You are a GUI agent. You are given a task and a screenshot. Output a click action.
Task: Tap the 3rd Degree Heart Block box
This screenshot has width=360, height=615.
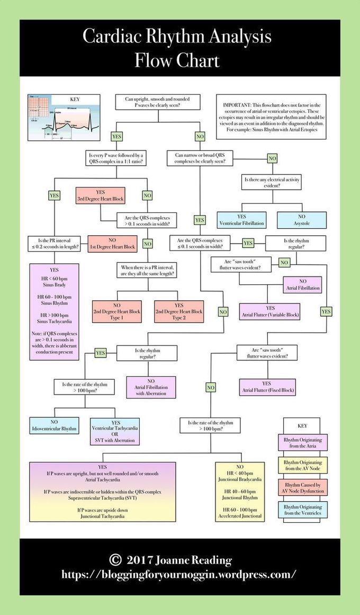click(x=100, y=195)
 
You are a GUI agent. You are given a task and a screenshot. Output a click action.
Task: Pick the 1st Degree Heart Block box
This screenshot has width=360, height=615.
click(x=112, y=243)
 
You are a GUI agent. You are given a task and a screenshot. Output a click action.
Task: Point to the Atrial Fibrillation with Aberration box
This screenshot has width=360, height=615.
click(x=150, y=387)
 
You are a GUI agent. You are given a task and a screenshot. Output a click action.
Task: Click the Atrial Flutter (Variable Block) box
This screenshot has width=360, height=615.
click(x=270, y=311)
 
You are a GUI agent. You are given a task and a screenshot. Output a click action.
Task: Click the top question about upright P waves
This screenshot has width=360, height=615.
click(x=157, y=102)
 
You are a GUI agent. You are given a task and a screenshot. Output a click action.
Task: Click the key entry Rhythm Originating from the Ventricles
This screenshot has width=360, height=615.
click(x=303, y=510)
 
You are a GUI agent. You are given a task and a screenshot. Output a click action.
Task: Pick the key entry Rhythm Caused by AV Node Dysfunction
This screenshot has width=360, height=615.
click(x=303, y=487)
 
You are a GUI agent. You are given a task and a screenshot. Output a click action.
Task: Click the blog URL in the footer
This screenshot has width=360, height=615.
click(x=179, y=574)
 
